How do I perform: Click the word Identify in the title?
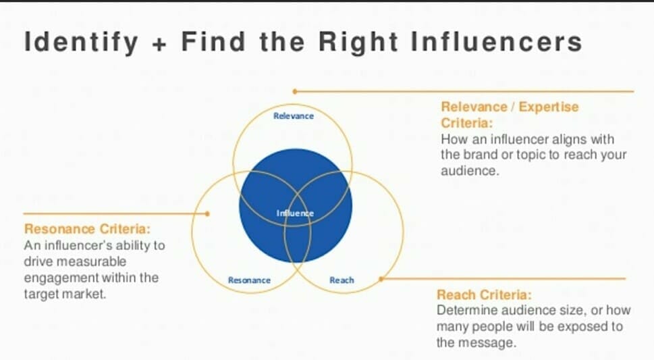pyautogui.click(x=81, y=42)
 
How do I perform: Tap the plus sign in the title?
pyautogui.click(x=159, y=44)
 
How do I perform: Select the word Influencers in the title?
pyautogui.click(x=496, y=42)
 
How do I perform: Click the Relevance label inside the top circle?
pyautogui.click(x=294, y=116)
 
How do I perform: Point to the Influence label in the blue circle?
pyautogui.click(x=295, y=213)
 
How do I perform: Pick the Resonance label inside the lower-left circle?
pyautogui.click(x=249, y=280)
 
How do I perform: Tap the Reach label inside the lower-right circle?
pyautogui.click(x=342, y=280)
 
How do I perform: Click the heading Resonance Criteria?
pyautogui.click(x=87, y=229)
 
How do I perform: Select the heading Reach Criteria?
pyautogui.click(x=484, y=295)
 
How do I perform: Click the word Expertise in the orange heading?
pyautogui.click(x=549, y=107)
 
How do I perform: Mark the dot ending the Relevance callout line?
pyautogui.click(x=295, y=91)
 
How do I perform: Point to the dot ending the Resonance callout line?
pyautogui.click(x=207, y=214)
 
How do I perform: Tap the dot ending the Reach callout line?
pyautogui.click(x=381, y=278)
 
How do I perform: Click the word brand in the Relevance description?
pyautogui.click(x=480, y=155)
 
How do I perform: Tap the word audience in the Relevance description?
pyautogui.click(x=470, y=171)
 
